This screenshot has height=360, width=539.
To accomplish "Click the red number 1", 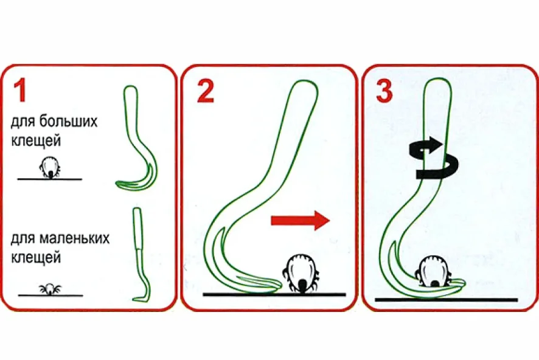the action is click(20, 91).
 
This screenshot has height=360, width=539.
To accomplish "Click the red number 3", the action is click(384, 91).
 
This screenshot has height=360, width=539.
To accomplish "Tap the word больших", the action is click(68, 122).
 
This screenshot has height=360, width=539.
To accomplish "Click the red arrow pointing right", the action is click(300, 221).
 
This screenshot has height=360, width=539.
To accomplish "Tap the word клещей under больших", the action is click(36, 141).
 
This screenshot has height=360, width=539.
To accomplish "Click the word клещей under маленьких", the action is click(36, 257).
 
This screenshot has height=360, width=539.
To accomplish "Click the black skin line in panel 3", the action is click(446, 300).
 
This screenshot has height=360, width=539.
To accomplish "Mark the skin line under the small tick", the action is click(50, 296).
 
